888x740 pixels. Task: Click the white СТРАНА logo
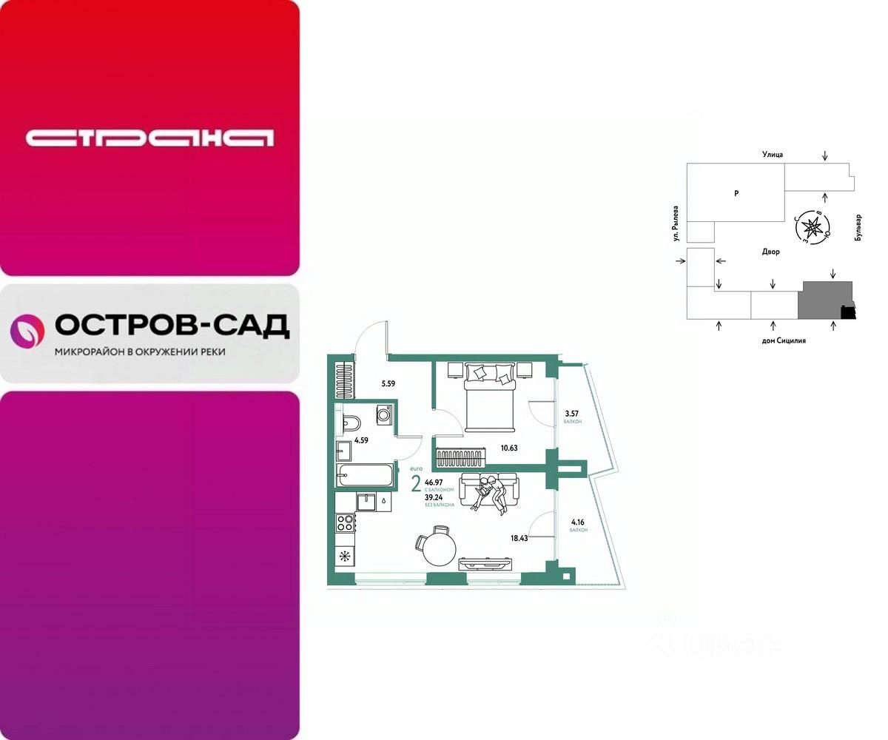pos(149,138)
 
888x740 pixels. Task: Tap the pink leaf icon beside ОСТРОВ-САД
pos(27,331)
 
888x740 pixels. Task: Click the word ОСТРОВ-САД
pos(172,326)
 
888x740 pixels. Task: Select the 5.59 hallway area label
pos(388,383)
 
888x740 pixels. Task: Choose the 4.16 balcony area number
pos(577,522)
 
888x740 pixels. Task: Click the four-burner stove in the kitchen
pos(346,523)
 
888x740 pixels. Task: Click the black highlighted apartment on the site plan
pos(847,313)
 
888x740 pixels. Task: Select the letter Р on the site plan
pos(736,193)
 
